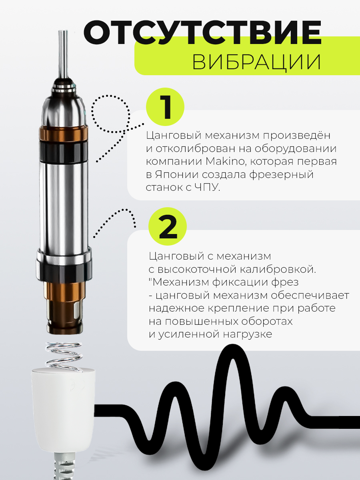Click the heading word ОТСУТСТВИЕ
click(x=203, y=32)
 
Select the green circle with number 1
click(x=165, y=107)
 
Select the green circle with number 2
click(x=168, y=226)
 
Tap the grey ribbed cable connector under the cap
click(x=64, y=465)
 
